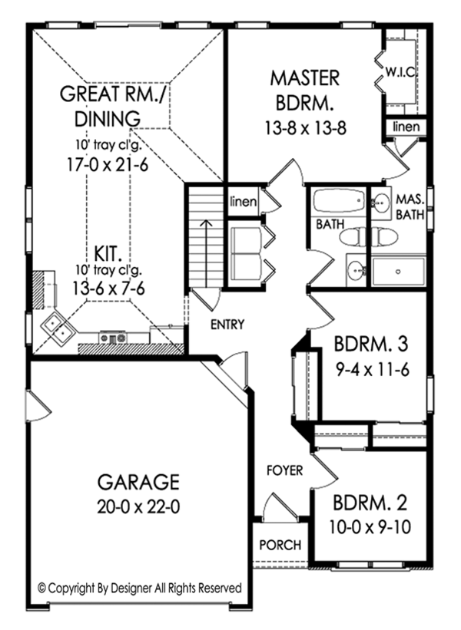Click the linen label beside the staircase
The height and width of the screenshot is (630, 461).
click(244, 202)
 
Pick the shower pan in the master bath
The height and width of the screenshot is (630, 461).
click(398, 272)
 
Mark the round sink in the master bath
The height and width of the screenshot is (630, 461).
click(380, 204)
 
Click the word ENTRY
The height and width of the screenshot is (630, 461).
click(227, 325)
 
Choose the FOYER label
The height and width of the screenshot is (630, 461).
click(284, 470)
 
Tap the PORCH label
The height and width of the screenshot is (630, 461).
click(280, 546)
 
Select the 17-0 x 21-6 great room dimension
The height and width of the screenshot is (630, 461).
click(107, 163)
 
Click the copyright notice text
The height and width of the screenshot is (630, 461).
click(140, 588)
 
